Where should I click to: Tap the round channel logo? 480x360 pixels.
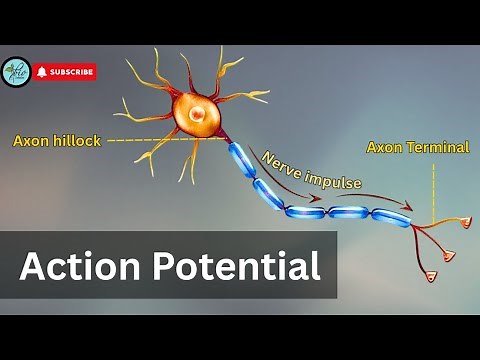tap(16, 72)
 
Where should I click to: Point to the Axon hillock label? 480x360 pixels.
tap(57, 141)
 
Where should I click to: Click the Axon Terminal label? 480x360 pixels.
tap(418, 147)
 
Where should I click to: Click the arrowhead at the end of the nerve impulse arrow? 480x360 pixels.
tap(407, 208)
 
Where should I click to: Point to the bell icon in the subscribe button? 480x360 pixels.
tap(42, 72)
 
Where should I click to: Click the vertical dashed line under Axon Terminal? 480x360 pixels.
tap(432, 190)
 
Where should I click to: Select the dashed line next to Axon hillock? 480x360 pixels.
tap(150, 141)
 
